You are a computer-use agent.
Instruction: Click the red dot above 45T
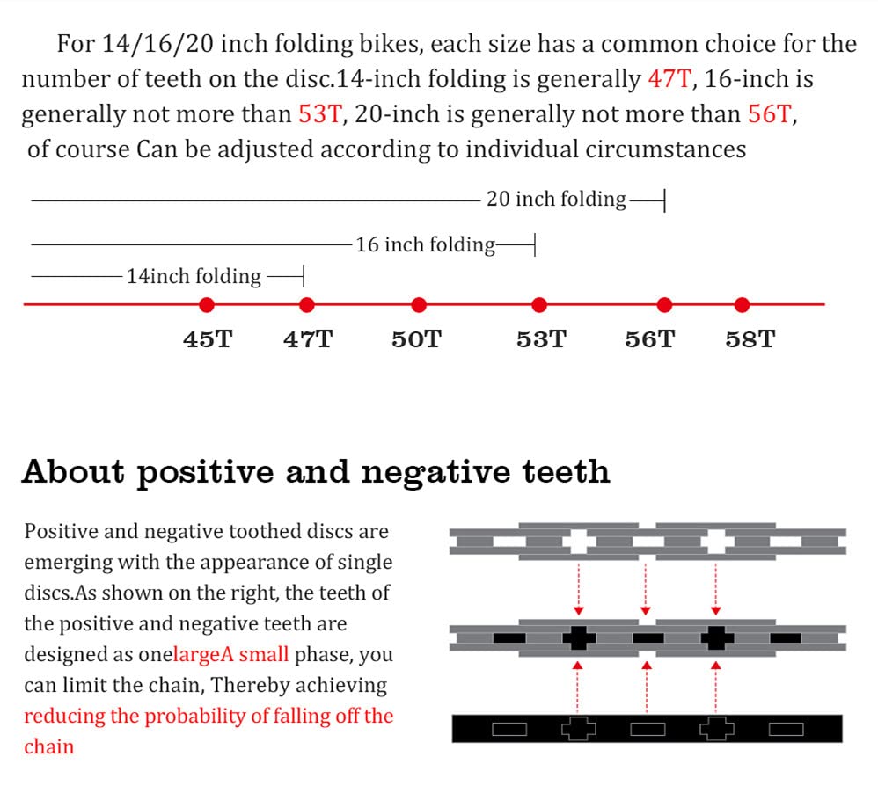click(207, 305)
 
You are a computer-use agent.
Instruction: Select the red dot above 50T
click(418, 305)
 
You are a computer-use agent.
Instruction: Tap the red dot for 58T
click(742, 305)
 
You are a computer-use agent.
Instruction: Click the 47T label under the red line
click(308, 339)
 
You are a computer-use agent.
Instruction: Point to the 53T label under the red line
click(541, 339)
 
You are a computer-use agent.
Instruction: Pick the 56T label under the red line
click(650, 339)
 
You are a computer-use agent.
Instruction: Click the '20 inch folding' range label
click(556, 200)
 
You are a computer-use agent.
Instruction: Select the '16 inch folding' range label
click(426, 245)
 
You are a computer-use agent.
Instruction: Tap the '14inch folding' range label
click(194, 276)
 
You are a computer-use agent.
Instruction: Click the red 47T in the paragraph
click(669, 79)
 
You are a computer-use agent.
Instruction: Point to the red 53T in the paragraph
click(319, 114)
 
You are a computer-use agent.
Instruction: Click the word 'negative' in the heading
click(435, 472)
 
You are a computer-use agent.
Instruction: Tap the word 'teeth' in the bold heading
click(566, 471)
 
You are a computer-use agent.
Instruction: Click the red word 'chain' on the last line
click(48, 746)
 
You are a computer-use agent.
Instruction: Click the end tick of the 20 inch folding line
click(665, 200)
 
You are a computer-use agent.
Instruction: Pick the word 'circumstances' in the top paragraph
click(666, 149)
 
